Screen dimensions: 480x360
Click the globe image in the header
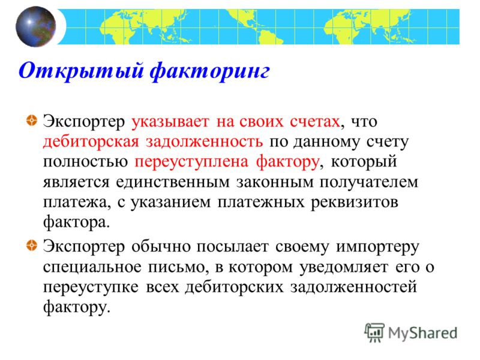coord(35,26)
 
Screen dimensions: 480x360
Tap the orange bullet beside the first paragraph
coord(32,121)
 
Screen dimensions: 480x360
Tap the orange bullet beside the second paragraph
coord(32,245)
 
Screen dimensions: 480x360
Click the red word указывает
coord(170,122)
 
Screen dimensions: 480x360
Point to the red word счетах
coord(315,122)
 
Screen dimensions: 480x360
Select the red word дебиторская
coord(91,142)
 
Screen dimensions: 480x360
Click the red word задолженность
coord(204,142)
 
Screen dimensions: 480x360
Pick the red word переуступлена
coord(191,161)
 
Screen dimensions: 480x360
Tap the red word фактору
coord(287,161)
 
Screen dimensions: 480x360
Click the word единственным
coord(173,182)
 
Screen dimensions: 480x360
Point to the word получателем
coord(369,182)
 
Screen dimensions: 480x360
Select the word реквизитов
coord(355,203)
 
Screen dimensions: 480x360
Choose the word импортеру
coord(377,247)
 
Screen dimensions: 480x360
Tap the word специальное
coord(92,268)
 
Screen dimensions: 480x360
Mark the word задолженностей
coord(353,288)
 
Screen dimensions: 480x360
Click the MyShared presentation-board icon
coord(374,332)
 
